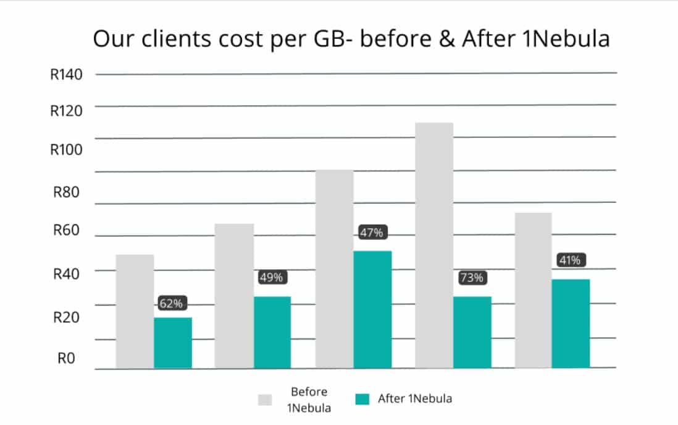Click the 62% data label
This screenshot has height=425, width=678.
point(171,303)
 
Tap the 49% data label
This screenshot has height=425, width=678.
point(272,277)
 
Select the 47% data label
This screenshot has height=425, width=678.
point(372,233)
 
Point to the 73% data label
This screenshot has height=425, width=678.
point(472,278)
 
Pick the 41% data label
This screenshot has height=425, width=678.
point(571,260)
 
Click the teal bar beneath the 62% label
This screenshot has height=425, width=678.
point(173,343)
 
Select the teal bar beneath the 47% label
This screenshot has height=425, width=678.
point(372,310)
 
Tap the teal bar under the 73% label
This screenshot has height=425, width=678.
point(472,332)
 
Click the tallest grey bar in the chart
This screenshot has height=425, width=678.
point(434,245)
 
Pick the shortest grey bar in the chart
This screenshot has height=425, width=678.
point(135,312)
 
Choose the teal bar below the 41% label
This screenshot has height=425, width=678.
point(571,324)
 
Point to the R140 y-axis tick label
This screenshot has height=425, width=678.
point(66,74)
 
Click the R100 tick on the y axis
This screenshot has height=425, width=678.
point(66,150)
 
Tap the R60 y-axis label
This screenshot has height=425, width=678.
point(66,230)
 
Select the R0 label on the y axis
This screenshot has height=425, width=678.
point(66,358)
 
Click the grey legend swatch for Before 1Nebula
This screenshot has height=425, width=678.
point(265,400)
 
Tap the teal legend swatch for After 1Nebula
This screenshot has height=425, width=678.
point(362,399)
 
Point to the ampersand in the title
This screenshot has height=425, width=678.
point(447,38)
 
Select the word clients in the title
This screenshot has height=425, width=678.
point(177,38)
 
